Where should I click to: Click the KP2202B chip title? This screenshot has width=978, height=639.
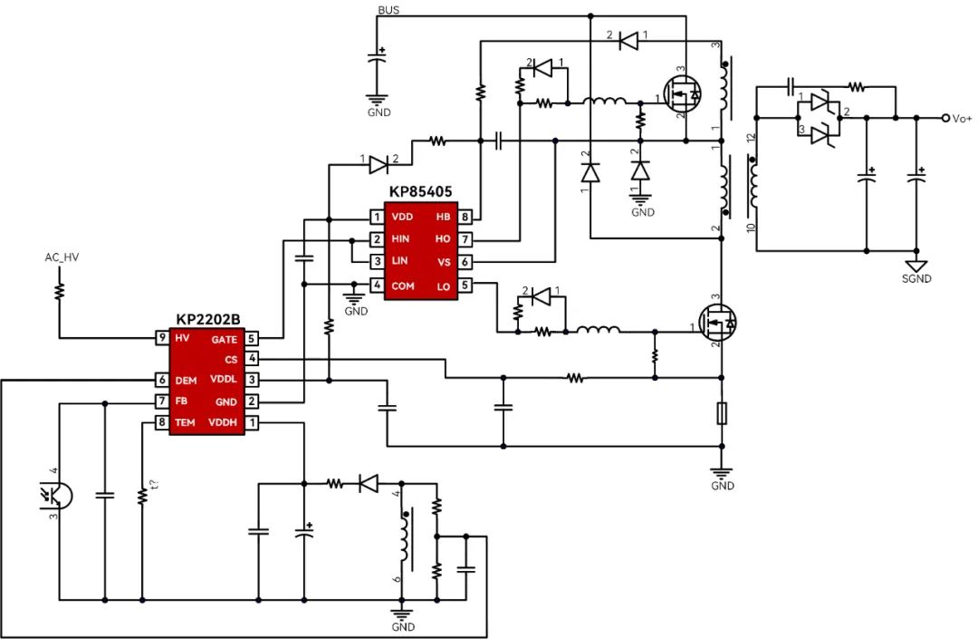point(207,319)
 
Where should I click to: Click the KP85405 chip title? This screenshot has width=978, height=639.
point(420,191)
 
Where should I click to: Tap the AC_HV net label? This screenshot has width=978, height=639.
point(62,257)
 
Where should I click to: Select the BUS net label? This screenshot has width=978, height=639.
point(388,10)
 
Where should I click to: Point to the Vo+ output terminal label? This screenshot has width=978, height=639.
point(962,119)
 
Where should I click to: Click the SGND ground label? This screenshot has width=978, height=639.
point(916,279)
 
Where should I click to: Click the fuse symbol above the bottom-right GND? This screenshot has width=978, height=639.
point(722,413)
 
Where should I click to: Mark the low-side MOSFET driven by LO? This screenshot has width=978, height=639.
point(717,323)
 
